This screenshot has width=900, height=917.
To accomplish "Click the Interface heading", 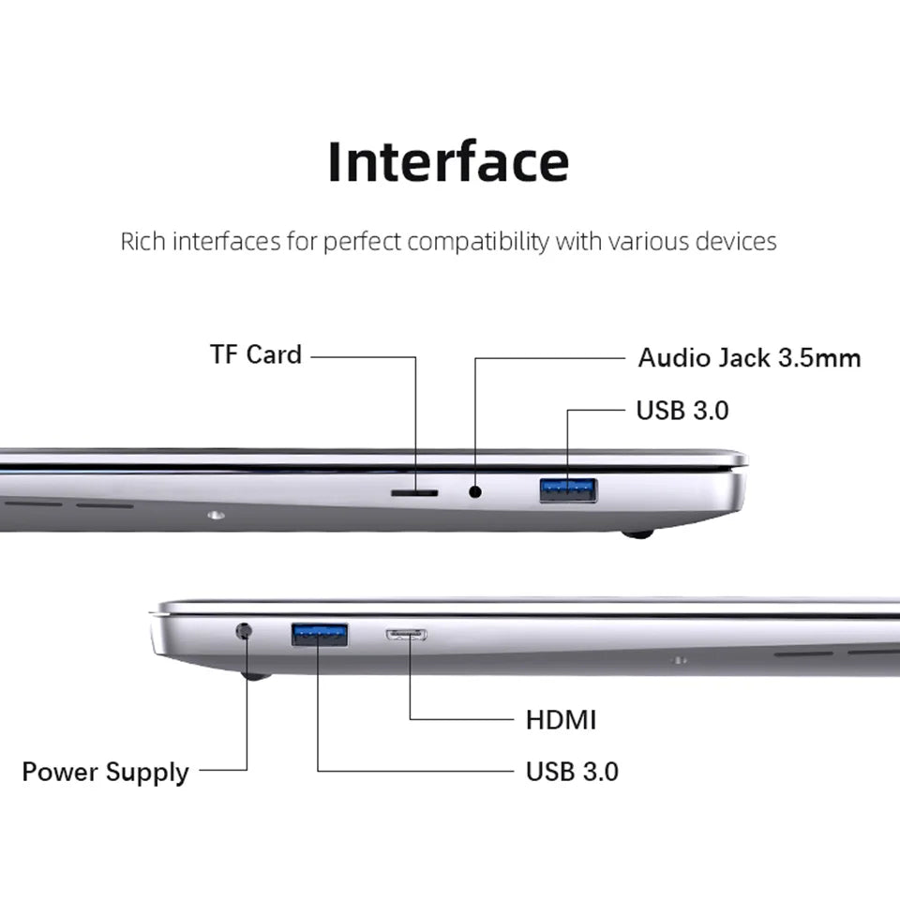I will coord(448,161).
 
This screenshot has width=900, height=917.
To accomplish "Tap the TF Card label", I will coord(255,354).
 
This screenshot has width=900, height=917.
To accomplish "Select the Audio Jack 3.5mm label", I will coord(749,357).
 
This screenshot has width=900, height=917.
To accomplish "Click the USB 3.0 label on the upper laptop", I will coord(682,410).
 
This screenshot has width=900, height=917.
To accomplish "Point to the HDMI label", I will coord(561,719).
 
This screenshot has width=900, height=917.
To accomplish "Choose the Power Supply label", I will coord(105,772).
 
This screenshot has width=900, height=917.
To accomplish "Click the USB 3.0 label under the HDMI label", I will coord(572,772).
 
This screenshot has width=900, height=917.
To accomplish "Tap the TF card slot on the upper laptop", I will coord(413,491).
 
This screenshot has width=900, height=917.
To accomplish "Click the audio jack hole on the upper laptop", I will coord(475,490).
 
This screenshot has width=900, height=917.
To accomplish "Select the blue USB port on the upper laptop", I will coord(568,489).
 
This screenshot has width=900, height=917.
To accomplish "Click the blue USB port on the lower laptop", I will coord(319,635).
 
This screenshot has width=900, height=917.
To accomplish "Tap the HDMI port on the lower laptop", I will coord(407,635).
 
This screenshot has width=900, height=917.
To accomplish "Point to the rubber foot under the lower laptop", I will coord(255,675).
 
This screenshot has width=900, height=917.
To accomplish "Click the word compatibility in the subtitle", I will coord(477,241).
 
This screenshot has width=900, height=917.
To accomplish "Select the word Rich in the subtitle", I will coord(143,241).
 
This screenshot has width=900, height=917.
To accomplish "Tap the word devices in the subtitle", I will coord(735,241).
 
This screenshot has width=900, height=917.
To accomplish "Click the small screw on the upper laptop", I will coord(217,514).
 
